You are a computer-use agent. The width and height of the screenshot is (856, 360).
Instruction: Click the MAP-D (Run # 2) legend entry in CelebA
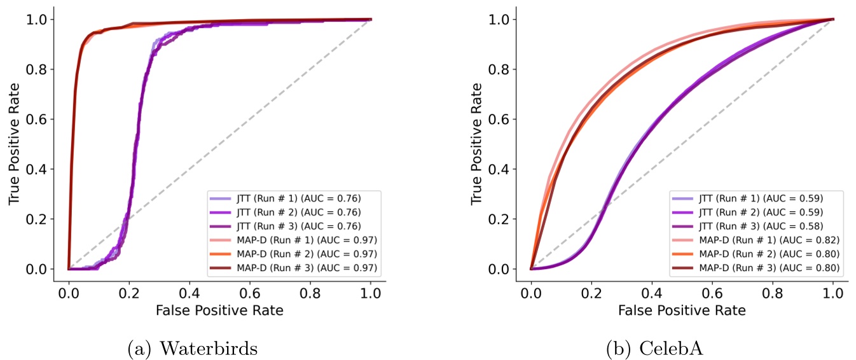756,255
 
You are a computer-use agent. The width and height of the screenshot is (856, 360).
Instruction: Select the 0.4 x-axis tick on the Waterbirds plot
189,294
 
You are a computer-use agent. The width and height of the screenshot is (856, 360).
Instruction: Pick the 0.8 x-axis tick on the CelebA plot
772,294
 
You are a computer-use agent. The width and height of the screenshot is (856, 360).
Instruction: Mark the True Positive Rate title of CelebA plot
477,143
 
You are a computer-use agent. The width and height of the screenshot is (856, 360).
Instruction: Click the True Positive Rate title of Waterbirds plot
15,143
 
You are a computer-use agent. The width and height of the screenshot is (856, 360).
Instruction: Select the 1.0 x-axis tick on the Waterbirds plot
371,294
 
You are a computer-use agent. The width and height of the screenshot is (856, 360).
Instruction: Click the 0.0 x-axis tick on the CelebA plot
530,294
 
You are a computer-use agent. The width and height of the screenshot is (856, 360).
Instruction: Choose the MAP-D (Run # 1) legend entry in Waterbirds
294,240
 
